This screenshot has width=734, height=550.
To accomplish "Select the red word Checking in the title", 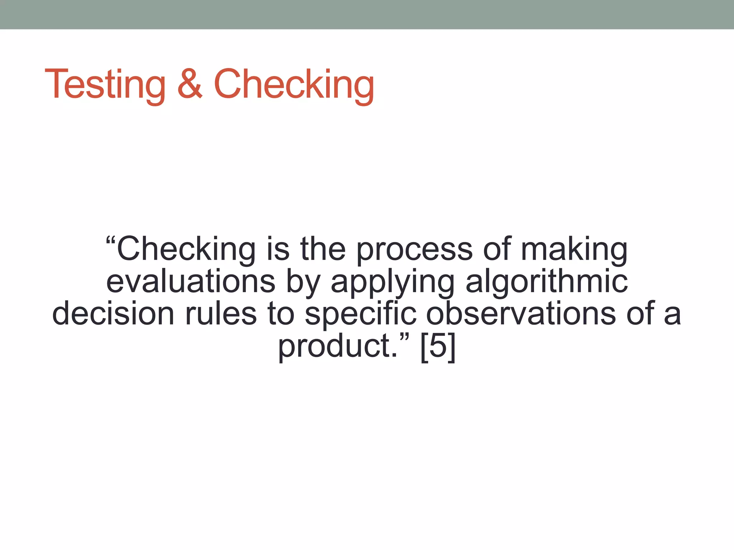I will [294, 85].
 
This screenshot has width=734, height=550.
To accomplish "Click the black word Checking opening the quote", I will [186, 249].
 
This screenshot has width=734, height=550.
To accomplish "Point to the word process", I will [414, 250].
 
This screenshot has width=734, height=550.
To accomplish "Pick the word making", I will [574, 249].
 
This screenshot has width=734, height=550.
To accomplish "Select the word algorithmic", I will [547, 281].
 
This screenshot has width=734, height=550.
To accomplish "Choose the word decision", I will [113, 314].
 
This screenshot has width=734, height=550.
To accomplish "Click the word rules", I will [221, 314].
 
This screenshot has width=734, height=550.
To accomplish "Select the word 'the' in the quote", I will [323, 249].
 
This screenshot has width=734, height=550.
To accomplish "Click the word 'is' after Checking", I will [278, 249].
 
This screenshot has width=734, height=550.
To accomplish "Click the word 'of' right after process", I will [497, 249].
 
